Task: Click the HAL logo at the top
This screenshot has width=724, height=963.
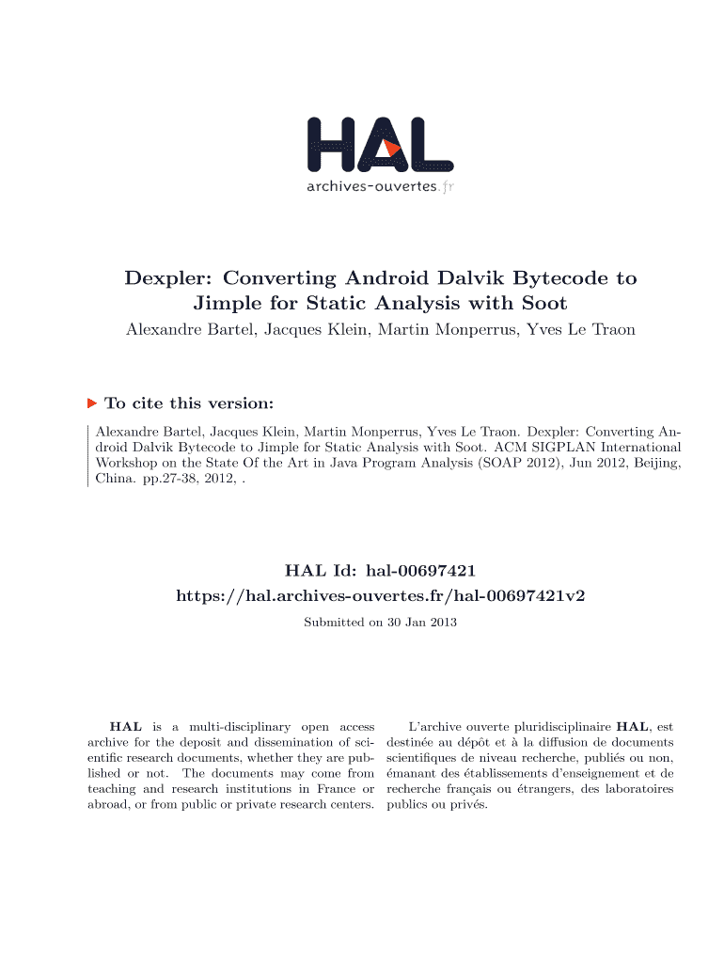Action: pyautogui.click(x=380, y=147)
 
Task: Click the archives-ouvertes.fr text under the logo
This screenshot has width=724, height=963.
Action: pyautogui.click(x=380, y=186)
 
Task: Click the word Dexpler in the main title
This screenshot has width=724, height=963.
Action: pyautogui.click(x=166, y=278)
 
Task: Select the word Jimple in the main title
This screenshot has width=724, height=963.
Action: pyautogui.click(x=230, y=304)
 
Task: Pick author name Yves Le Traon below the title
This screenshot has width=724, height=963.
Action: pyautogui.click(x=581, y=330)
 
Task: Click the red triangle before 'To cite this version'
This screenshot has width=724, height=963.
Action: pyautogui.click(x=92, y=403)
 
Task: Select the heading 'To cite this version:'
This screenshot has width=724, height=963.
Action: pyautogui.click(x=189, y=403)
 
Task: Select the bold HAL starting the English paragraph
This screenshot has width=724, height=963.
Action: pyautogui.click(x=126, y=727)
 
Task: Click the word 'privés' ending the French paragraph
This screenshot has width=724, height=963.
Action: pyautogui.click(x=468, y=805)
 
